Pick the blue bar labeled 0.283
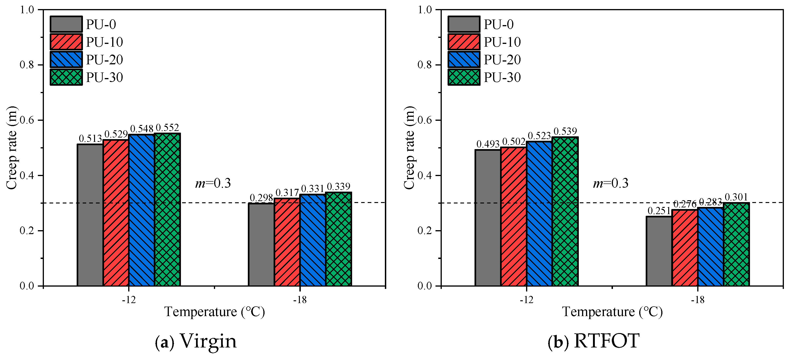pyautogui.click(x=710, y=247)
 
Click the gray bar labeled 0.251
pyautogui.click(x=659, y=251)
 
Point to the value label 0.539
pyautogui.click(x=565, y=131)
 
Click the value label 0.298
pyautogui.click(x=261, y=198)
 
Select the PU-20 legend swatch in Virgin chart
pyautogui.click(x=66, y=60)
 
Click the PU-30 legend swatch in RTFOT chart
pyautogui.click(x=464, y=77)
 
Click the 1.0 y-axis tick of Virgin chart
pyautogui.click(x=27, y=10)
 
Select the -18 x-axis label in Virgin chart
pyautogui.click(x=300, y=300)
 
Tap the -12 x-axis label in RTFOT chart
pyautogui.click(x=526, y=300)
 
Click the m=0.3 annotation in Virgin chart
pyautogui.click(x=213, y=183)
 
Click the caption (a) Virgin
pyautogui.click(x=196, y=341)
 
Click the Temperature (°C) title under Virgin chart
pyautogui.click(x=214, y=312)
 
